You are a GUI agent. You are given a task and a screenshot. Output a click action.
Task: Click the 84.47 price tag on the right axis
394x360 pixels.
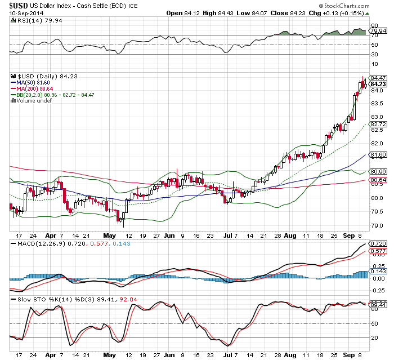(x=377, y=77)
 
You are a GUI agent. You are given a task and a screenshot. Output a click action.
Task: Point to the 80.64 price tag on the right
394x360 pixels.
(x=377, y=180)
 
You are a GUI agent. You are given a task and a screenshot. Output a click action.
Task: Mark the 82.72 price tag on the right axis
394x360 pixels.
(x=377, y=124)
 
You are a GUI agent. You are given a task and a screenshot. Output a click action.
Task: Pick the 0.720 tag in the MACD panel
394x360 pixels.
(x=377, y=243)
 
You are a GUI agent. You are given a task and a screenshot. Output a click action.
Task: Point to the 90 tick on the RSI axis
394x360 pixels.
(x=373, y=26)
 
